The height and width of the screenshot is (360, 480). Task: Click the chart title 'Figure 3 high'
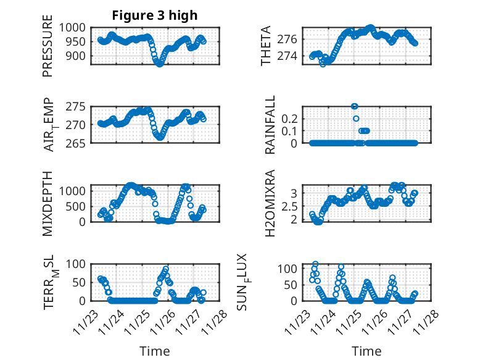(155, 15)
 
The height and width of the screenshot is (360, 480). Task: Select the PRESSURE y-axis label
(48, 50)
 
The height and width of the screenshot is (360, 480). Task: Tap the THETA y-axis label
(266, 46)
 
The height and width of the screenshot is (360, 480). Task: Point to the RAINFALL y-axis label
(270, 124)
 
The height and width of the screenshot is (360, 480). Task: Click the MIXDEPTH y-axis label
(48, 203)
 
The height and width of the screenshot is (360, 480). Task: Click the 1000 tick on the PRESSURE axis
(77, 28)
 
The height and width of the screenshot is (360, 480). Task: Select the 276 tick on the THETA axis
(292, 39)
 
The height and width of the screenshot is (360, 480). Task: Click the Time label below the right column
(366, 351)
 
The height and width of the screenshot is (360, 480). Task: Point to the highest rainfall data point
(354, 106)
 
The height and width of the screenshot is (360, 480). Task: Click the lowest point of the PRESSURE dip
(160, 64)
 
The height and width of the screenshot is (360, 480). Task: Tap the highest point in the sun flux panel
(315, 264)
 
